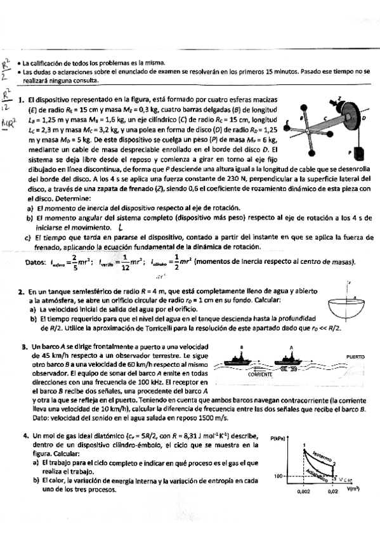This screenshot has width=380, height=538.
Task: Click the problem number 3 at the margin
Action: [x=23, y=347]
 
